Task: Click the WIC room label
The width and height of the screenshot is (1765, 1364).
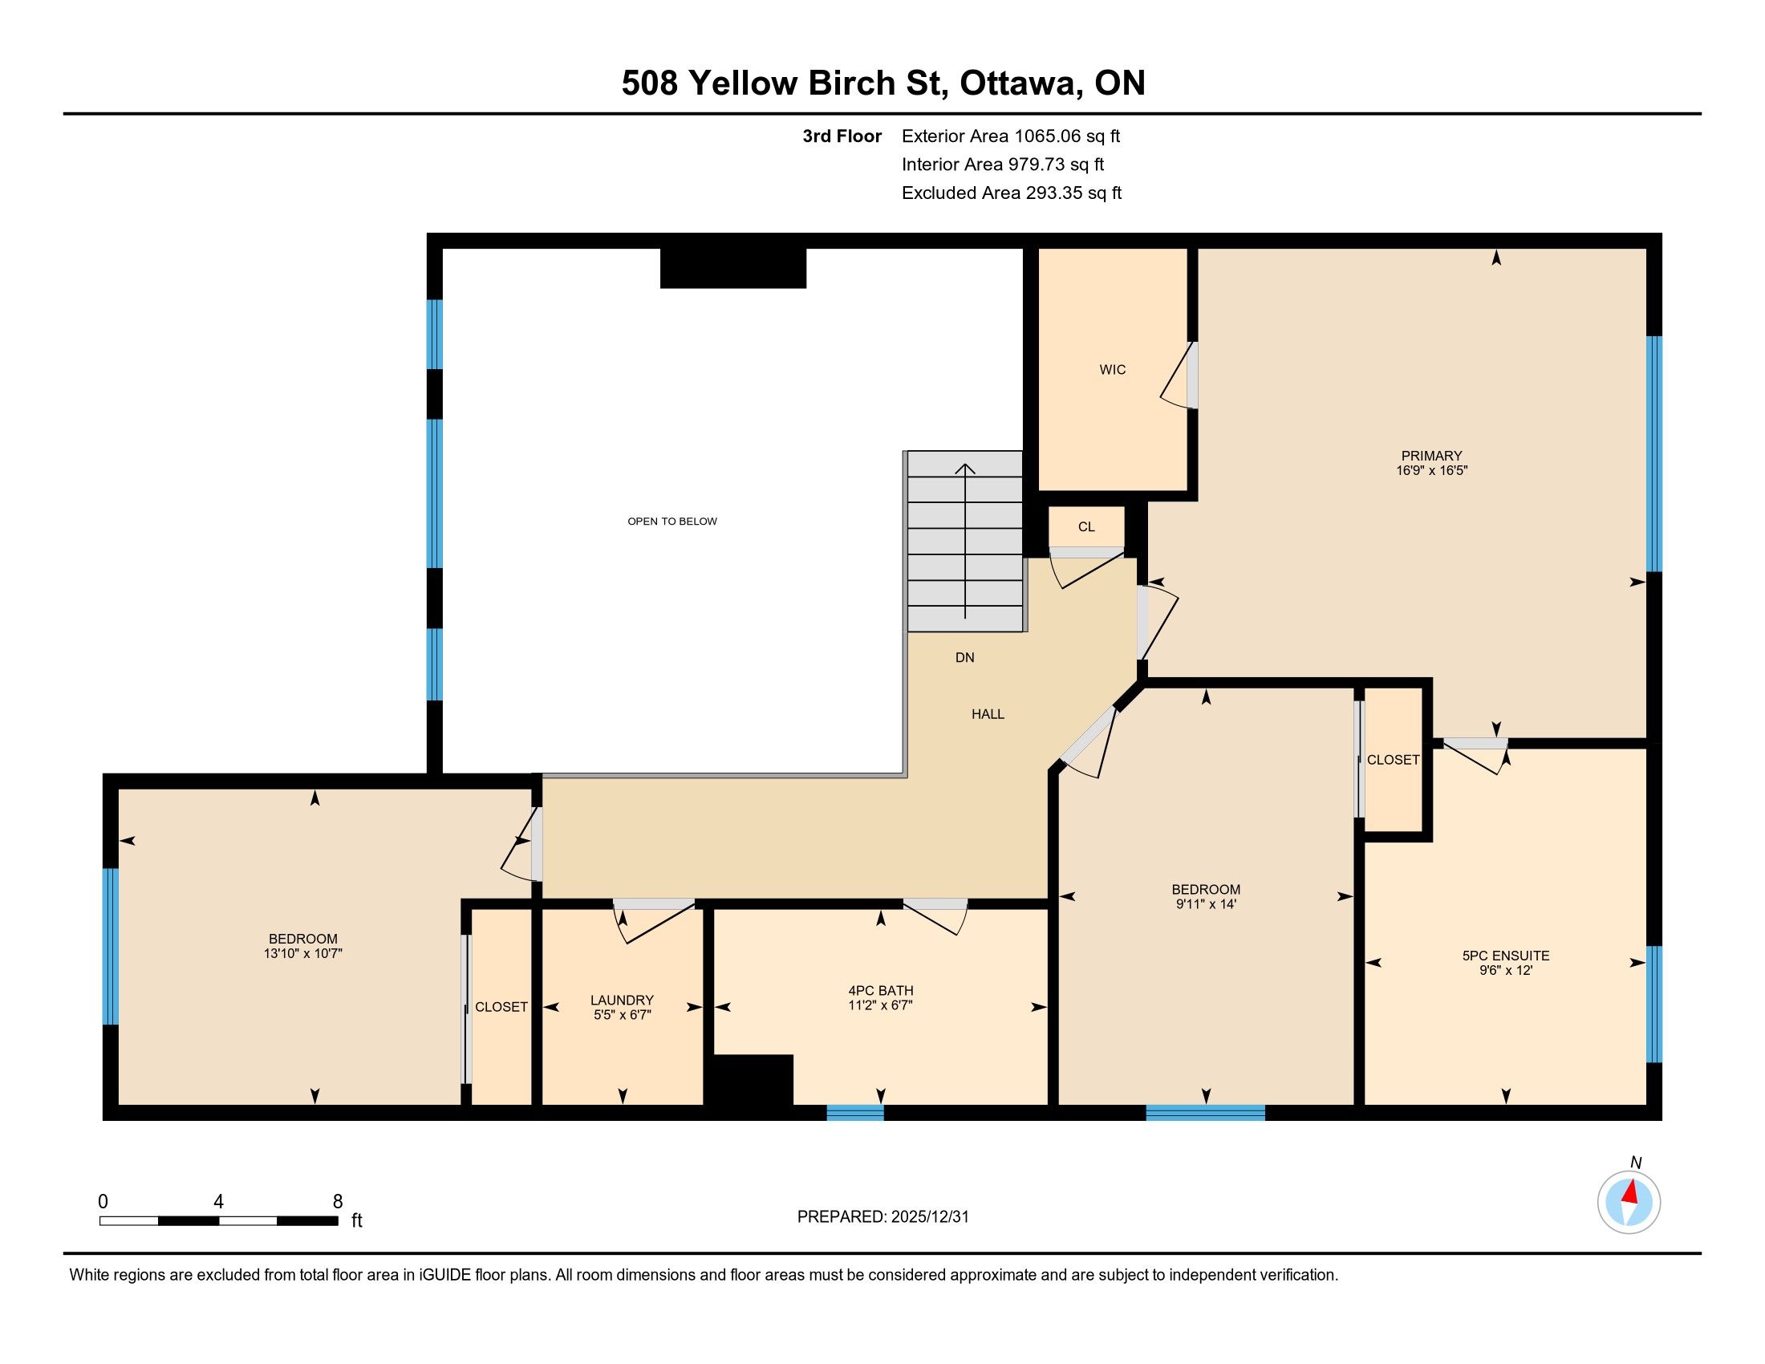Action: tap(1112, 370)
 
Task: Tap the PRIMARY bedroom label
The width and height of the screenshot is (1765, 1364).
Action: tap(1431, 456)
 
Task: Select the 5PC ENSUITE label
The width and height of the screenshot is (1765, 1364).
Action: tap(1506, 956)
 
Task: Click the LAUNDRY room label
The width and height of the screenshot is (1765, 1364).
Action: tap(622, 1001)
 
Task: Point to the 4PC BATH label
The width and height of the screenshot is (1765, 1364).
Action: tap(881, 991)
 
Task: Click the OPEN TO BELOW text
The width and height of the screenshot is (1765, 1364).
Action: tap(672, 522)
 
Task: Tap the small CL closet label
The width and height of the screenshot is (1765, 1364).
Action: tap(1086, 527)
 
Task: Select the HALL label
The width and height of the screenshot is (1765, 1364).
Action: tap(988, 714)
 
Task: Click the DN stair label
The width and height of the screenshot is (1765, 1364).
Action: tap(965, 658)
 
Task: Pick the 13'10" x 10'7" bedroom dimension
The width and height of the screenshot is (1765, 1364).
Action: tap(303, 953)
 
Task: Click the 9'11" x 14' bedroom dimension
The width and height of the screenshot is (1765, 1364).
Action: tap(1207, 904)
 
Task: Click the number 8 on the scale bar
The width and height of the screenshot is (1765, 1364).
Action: tap(338, 1202)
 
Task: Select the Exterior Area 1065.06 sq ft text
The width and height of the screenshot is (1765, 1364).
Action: tap(1011, 136)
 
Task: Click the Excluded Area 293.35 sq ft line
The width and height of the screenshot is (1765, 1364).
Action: tap(1012, 193)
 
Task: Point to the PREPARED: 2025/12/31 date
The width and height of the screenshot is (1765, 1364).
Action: tap(882, 1217)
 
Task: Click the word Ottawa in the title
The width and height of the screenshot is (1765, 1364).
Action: tap(1020, 84)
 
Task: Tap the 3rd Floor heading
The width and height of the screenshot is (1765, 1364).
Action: tap(842, 136)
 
